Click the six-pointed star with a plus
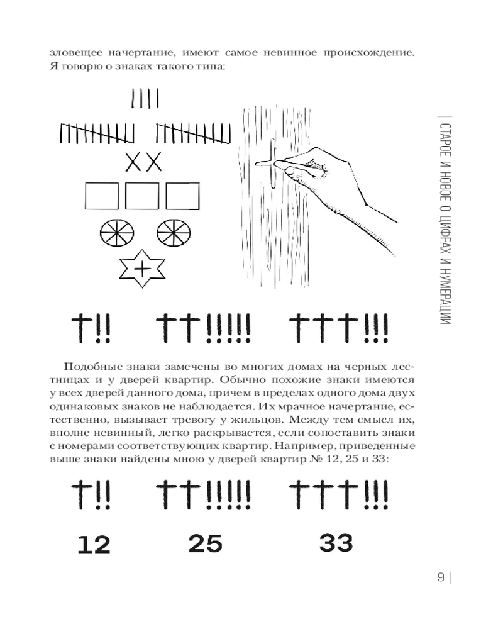pyautogui.click(x=143, y=269)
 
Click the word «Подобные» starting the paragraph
pyautogui.click(x=90, y=367)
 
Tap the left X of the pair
pyautogui.click(x=134, y=162)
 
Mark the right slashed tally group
pyautogui.click(x=189, y=133)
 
